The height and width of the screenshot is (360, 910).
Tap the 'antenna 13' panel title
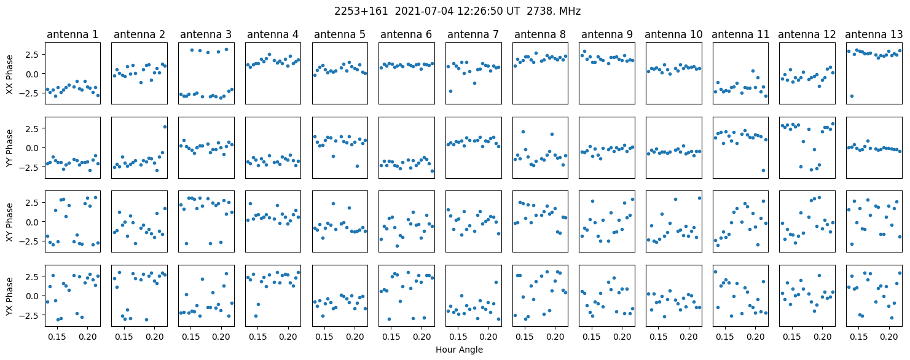[874, 34]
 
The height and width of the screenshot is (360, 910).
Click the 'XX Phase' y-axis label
[10, 74]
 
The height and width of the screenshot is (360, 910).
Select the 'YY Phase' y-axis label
[10, 148]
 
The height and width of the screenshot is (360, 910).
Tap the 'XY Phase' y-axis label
[10, 222]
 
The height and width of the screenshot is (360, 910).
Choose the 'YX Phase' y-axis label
[10, 296]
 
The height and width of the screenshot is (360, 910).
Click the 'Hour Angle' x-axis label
[459, 350]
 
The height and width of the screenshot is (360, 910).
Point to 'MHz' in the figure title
[568, 11]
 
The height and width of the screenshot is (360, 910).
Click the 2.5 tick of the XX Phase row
[32, 54]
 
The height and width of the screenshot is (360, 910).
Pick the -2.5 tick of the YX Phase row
[29, 315]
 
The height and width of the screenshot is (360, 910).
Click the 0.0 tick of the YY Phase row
[32, 147]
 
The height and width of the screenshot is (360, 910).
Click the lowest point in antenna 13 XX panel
[852, 96]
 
